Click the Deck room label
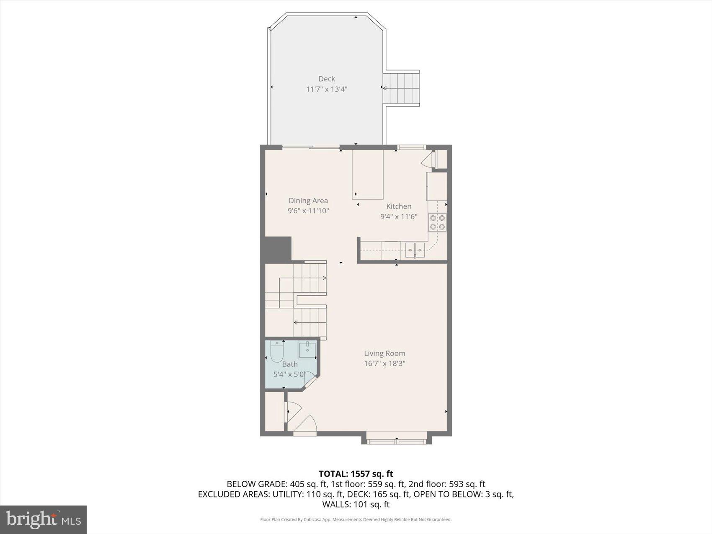327,79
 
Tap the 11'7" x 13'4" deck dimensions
327,89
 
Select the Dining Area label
308,201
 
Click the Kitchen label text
398,206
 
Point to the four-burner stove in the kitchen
437,222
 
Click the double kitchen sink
415,250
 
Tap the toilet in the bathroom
277,352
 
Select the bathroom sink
307,349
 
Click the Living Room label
384,353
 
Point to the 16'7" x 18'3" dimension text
384,364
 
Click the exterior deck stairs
401,88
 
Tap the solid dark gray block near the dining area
276,249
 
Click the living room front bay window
396,440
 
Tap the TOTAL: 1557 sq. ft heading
356,474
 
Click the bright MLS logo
44,520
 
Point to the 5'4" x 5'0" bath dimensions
290,374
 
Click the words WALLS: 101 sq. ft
356,504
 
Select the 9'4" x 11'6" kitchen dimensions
398,217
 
